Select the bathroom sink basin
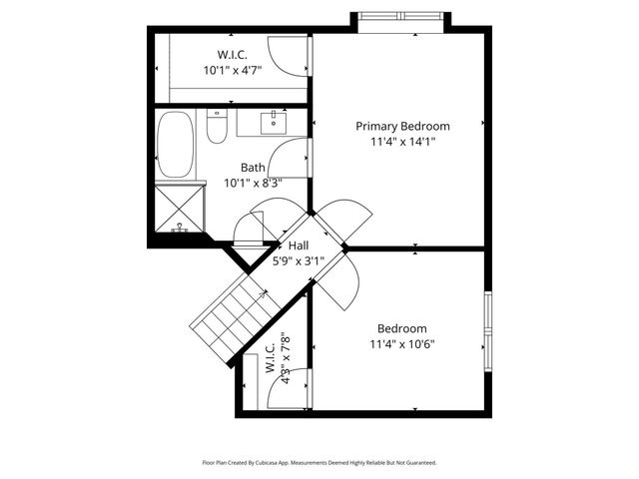pyautogui.click(x=274, y=125)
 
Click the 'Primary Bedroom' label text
pyautogui.click(x=402, y=127)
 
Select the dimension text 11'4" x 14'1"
pyautogui.click(x=402, y=142)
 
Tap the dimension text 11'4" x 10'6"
pyautogui.click(x=401, y=344)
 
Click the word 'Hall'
pyautogui.click(x=299, y=245)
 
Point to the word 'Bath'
pyautogui.click(x=253, y=168)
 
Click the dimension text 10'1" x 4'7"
pyautogui.click(x=232, y=71)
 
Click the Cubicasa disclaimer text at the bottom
pyautogui.click(x=319, y=463)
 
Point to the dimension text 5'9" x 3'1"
pyautogui.click(x=299, y=260)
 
